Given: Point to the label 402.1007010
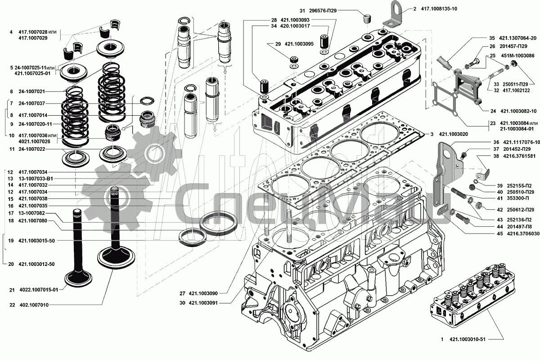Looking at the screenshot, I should [x=34, y=305].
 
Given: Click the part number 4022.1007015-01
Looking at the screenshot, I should [x=39, y=290].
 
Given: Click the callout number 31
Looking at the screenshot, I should [x=302, y=9].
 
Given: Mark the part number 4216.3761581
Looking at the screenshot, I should [x=514, y=156].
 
